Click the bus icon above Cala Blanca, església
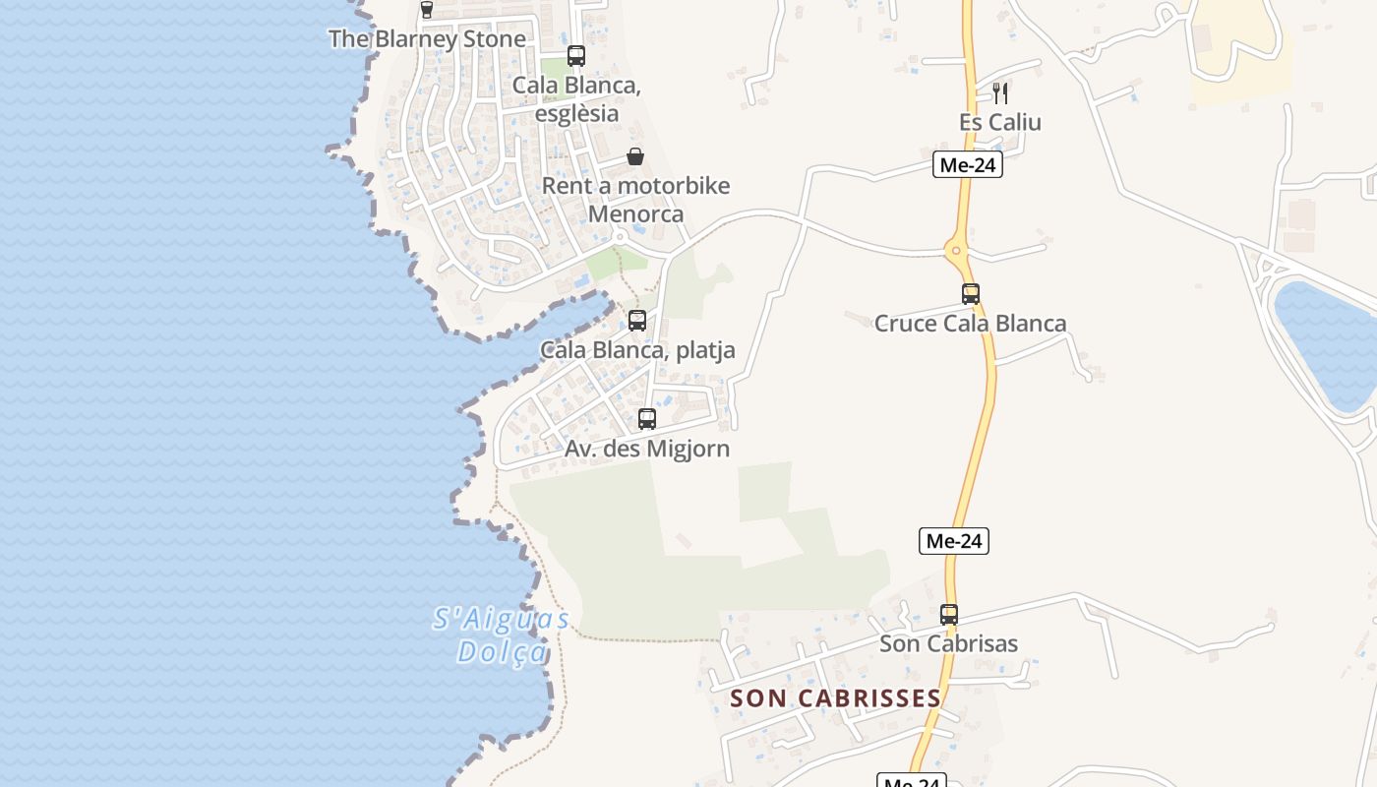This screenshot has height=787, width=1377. [576, 56]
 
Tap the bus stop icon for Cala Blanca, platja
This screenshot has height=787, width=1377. [637, 320]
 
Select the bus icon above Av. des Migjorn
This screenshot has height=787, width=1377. [647, 418]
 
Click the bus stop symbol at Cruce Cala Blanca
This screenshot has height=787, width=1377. [971, 293]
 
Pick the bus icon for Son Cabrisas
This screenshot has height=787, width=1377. [949, 614]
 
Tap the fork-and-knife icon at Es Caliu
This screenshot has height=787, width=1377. [1000, 93]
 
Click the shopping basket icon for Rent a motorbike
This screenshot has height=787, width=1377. [635, 156]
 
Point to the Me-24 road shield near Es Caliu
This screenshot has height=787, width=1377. [968, 165]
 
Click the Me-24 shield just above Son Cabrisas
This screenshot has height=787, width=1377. [954, 541]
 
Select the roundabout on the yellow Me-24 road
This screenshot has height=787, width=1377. [957, 251]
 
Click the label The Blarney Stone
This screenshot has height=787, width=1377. [427, 39]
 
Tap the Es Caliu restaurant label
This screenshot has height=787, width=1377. [1000, 123]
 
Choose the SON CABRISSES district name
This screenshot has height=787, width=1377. [836, 698]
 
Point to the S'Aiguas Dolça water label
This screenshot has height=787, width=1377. [502, 635]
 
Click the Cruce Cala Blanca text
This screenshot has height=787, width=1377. [970, 324]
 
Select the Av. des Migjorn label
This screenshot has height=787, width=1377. [647, 450]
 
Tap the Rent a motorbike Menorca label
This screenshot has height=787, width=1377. [636, 200]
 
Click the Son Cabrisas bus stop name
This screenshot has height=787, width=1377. [948, 644]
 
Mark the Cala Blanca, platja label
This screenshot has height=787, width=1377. [637, 350]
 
